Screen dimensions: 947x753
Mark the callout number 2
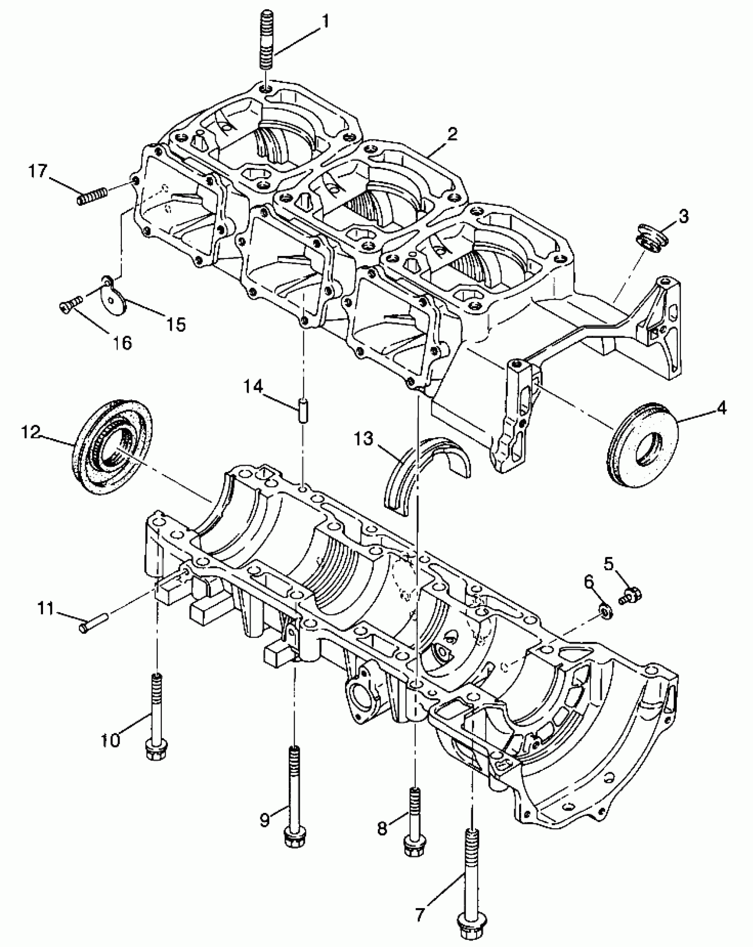pos(451,135)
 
